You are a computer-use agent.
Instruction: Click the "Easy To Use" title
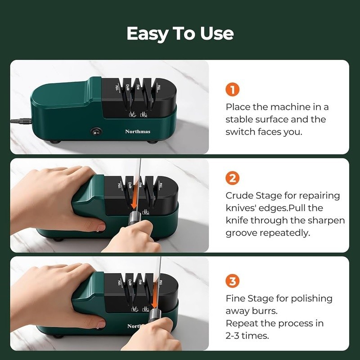coord(180,34)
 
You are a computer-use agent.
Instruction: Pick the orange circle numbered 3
coord(232,282)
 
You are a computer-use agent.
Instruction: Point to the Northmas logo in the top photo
coord(138,131)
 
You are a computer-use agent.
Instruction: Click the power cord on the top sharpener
coord(21,121)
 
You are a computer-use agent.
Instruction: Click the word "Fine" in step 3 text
coord(235,298)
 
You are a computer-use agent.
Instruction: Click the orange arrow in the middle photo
coord(134,198)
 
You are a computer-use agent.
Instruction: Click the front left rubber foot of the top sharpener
coord(55,142)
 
